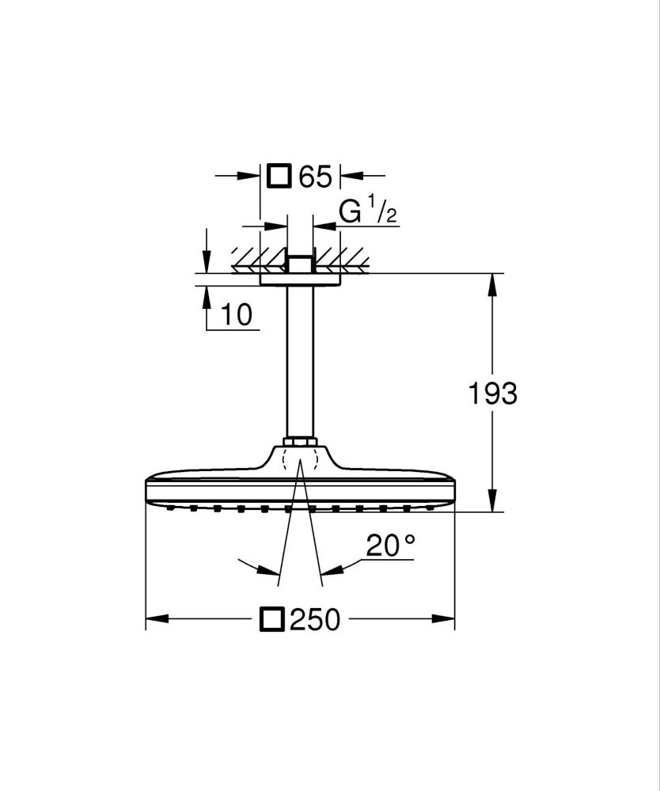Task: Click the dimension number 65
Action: click(315, 177)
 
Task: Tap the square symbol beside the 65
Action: click(279, 176)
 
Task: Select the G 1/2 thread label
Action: click(367, 213)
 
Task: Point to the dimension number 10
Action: click(237, 314)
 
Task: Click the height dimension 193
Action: click(492, 394)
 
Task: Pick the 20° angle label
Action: click(390, 546)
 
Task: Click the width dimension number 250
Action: click(314, 620)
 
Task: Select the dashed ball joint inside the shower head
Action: click(300, 458)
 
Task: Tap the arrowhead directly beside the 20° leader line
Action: click(332, 569)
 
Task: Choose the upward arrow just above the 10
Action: click(207, 295)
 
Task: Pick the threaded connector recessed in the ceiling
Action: click(300, 264)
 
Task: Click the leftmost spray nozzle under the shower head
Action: click(169, 508)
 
